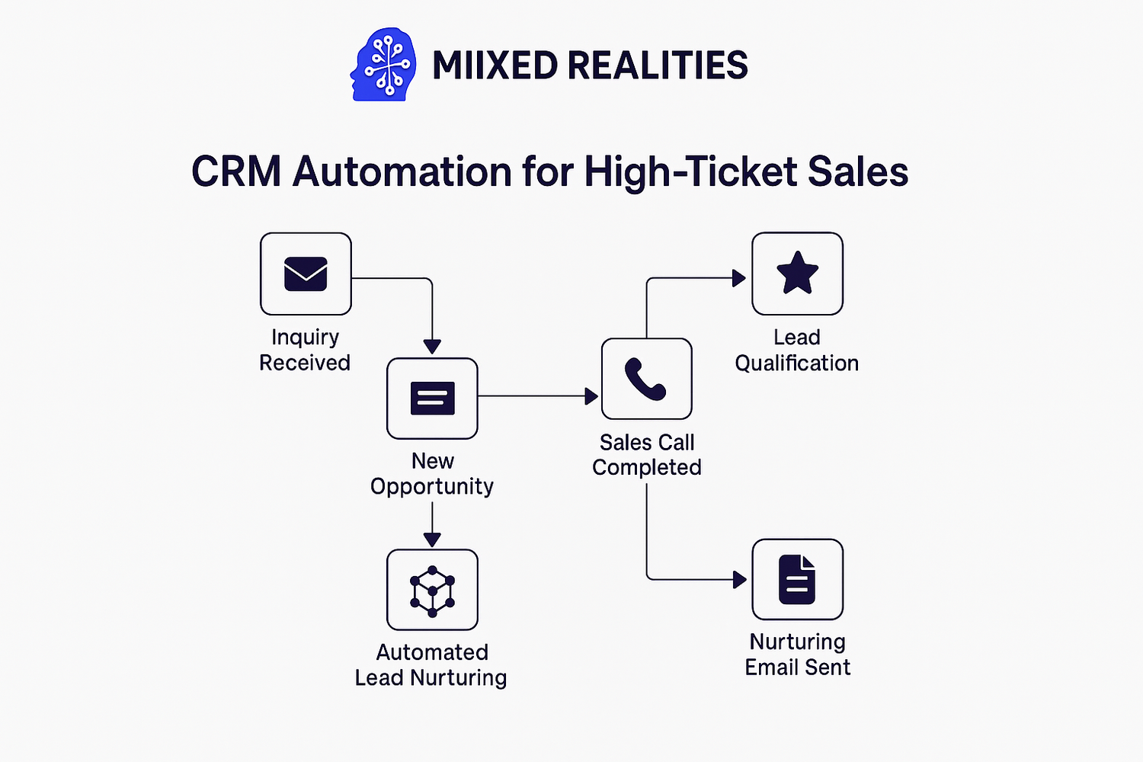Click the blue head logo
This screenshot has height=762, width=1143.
coord(383,64)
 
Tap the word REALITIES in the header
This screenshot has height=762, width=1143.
coord(657,66)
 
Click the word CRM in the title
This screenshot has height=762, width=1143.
coord(236,171)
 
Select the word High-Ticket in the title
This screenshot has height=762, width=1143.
coord(690,172)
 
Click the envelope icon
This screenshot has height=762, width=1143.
coord(306,274)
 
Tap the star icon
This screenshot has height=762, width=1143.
coord(797,273)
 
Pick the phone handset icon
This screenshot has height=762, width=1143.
coord(645,379)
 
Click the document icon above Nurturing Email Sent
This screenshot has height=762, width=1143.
coord(797,579)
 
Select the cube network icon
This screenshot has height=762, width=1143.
coord(432,591)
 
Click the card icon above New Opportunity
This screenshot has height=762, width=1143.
coord(432,398)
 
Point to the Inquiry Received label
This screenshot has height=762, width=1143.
coord(305,350)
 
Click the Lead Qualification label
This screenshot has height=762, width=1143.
coord(796,350)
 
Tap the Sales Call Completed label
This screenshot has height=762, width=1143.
coord(646,455)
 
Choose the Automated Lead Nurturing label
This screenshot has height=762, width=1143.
coord(431,665)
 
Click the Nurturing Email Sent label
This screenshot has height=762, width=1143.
coord(798,655)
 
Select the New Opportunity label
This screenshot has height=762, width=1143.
coord(432,474)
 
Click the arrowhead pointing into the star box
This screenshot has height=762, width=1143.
coord(739,278)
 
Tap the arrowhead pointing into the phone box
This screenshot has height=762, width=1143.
coord(591,396)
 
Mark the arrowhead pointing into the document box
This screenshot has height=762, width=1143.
coord(739,580)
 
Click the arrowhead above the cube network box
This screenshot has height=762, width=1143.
coord(432,540)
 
